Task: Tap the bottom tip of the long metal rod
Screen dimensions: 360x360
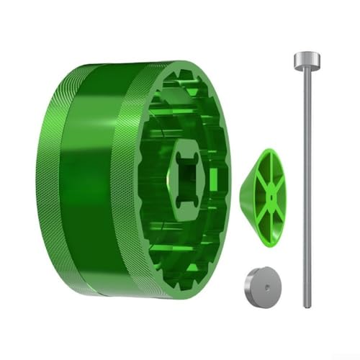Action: (307, 305)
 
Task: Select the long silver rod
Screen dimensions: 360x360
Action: (305, 180)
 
